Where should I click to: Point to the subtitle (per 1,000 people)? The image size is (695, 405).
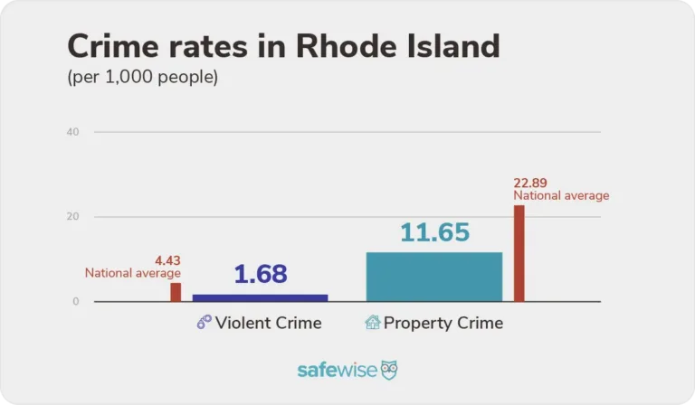[x=143, y=78]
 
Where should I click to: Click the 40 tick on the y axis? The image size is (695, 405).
[x=72, y=132]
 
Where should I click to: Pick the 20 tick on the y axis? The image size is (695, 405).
[x=72, y=217]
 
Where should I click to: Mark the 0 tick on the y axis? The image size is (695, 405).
[x=76, y=301]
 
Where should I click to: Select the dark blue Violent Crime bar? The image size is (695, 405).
[x=261, y=297]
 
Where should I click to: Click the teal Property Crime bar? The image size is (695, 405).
[x=433, y=277]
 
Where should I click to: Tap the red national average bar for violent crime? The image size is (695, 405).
[x=176, y=292]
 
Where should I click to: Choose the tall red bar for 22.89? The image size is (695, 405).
[x=519, y=253]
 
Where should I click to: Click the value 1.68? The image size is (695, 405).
[x=261, y=274]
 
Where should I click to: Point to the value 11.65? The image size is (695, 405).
[x=433, y=232]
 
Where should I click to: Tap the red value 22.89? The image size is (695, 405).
[x=532, y=184]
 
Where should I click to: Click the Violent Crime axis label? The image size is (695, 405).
[x=268, y=323]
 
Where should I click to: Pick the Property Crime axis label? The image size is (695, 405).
[x=443, y=323]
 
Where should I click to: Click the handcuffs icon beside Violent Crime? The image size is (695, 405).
[x=204, y=323]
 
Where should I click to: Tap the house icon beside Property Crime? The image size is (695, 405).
[x=372, y=323]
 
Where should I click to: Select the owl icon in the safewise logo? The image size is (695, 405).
[x=388, y=370]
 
